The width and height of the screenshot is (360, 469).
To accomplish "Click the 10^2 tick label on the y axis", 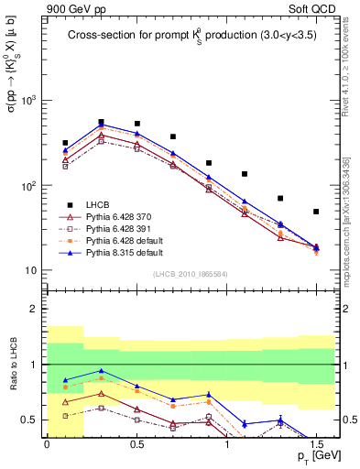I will [31, 186].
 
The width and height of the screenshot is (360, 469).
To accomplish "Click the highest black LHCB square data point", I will [101, 121].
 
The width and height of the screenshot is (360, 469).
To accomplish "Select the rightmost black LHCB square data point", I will [316, 212].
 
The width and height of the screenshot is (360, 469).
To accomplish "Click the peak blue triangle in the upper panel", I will [101, 125].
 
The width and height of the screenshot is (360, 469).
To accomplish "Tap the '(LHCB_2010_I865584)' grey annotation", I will [190, 274].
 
